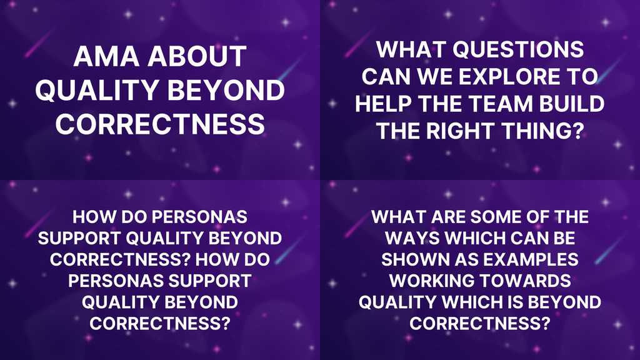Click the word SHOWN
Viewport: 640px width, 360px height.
[408, 259]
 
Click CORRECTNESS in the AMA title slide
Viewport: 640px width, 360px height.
[160, 123]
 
